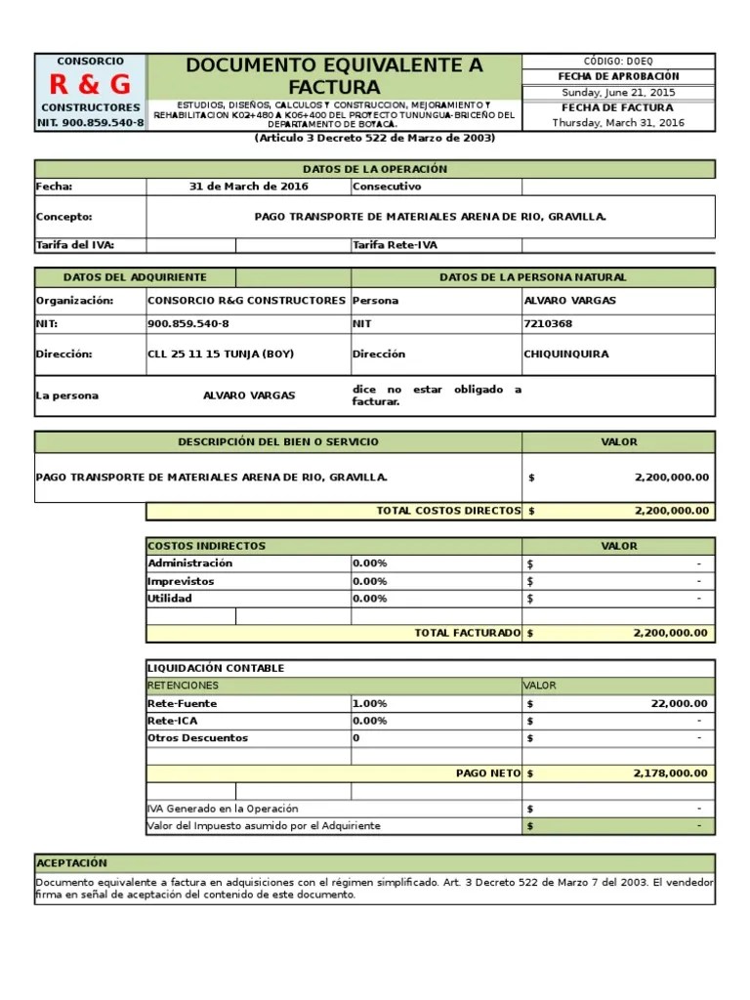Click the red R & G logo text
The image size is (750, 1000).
(x=90, y=84)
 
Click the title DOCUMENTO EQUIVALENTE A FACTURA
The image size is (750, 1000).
(x=334, y=77)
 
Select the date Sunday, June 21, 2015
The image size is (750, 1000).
(x=618, y=93)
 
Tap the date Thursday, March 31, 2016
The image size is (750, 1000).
(x=618, y=123)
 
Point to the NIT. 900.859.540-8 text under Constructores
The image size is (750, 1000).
(x=90, y=123)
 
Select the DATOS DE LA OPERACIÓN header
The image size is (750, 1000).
(x=375, y=169)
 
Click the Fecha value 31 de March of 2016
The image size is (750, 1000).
(x=248, y=187)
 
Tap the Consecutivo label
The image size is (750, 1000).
(x=387, y=187)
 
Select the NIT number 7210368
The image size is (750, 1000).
(x=548, y=323)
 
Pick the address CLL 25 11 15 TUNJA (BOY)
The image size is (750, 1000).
(x=220, y=354)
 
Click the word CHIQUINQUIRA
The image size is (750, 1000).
(x=565, y=354)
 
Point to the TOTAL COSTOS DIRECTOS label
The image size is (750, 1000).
(x=448, y=511)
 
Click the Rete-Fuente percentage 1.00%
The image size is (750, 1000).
(x=370, y=703)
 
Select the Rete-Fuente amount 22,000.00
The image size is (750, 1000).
(x=679, y=703)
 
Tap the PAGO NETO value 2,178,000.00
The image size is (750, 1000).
(x=670, y=772)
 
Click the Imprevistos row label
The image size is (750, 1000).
(x=181, y=581)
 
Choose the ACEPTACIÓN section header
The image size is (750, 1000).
(x=71, y=863)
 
